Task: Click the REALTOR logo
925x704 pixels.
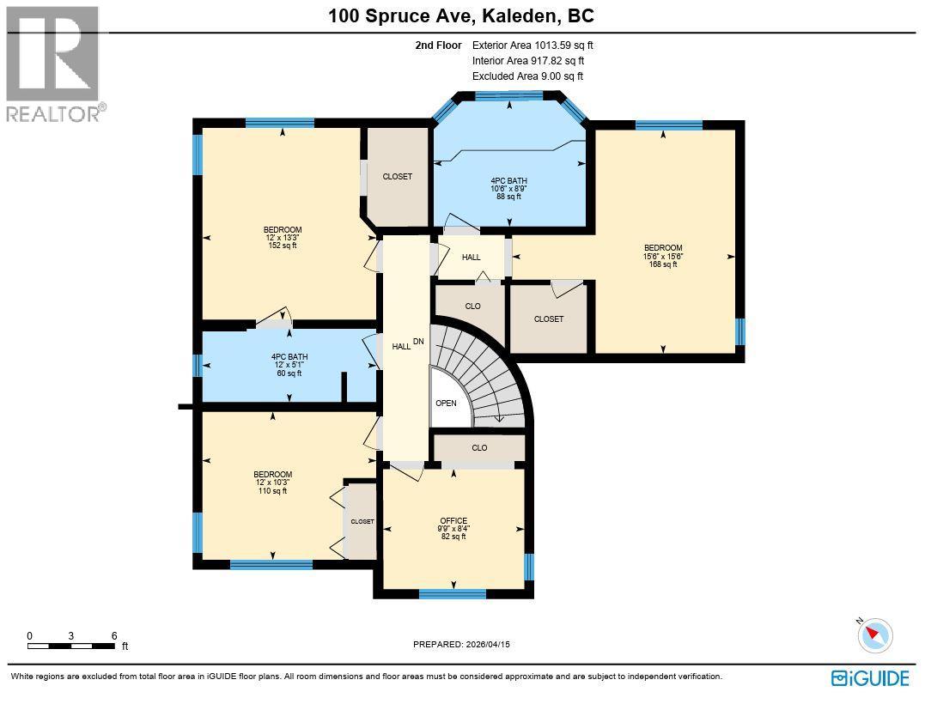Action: point(53,64)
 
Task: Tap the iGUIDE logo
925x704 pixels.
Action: point(870,678)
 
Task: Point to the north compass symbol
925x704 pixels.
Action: point(875,636)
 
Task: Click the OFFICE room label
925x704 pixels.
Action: point(453,521)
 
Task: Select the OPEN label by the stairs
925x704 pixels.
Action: point(446,404)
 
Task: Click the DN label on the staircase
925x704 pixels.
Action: point(418,342)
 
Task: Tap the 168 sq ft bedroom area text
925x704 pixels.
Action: point(662,264)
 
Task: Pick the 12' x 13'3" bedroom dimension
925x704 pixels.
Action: point(282,238)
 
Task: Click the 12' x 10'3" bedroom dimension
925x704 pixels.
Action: point(272,482)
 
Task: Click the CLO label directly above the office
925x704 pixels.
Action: point(479,448)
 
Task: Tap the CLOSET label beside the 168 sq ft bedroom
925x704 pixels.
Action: point(548,319)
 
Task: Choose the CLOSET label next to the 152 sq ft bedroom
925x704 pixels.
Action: point(397,177)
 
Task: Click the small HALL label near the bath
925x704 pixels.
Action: point(471,258)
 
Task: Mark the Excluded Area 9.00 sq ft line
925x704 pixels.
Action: point(527,76)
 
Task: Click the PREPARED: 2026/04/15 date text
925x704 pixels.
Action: point(466,644)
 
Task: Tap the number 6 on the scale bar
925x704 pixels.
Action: point(114,636)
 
